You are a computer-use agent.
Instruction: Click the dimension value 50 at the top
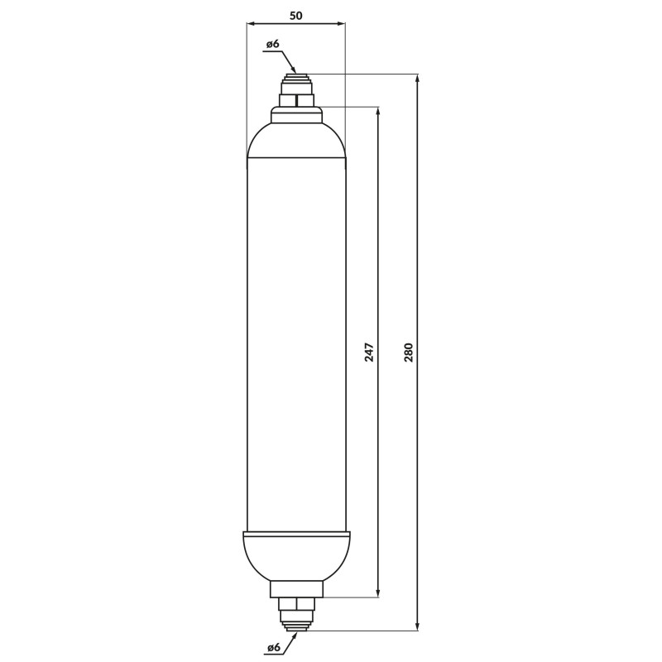click(x=296, y=16)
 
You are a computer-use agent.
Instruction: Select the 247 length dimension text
click(x=369, y=353)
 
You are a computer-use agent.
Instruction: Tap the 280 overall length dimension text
click(x=409, y=353)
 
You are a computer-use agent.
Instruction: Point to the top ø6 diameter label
click(x=273, y=44)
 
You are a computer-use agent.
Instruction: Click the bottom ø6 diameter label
click(x=273, y=647)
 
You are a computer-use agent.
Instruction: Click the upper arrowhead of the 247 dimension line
click(x=378, y=112)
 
